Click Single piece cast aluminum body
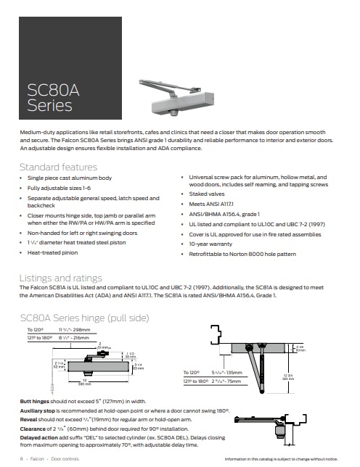70,178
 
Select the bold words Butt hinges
36,400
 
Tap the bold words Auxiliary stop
40,410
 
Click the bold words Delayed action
41,438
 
